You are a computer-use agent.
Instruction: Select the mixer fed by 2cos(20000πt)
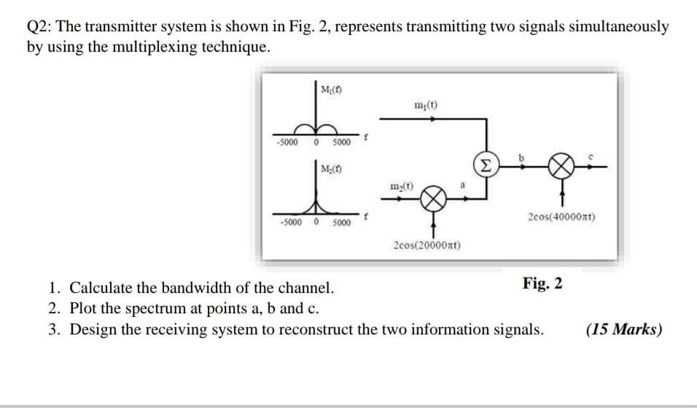click(x=433, y=199)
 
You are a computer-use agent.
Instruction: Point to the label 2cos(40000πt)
click(x=561, y=216)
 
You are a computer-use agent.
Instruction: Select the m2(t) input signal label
click(x=399, y=186)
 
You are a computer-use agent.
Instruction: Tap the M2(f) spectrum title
click(x=332, y=169)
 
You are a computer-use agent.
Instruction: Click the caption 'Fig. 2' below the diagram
click(x=542, y=283)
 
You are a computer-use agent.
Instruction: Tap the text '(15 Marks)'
click(x=624, y=329)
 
